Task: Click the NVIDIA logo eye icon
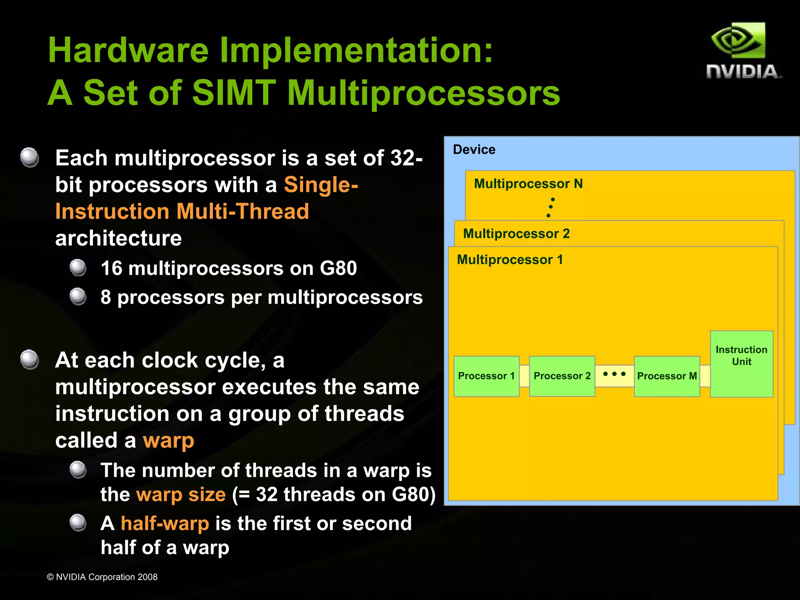click(x=738, y=41)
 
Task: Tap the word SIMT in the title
click(x=234, y=93)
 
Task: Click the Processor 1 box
click(x=486, y=376)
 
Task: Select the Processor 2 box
click(x=562, y=376)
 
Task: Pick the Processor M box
click(x=667, y=376)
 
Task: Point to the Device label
click(x=474, y=150)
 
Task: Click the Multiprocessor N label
click(x=528, y=183)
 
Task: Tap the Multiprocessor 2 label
click(x=516, y=233)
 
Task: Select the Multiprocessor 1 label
click(x=510, y=260)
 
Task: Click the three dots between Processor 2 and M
click(x=614, y=374)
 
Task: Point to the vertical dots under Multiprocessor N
click(x=550, y=207)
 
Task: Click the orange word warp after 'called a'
click(x=168, y=441)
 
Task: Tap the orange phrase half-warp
click(x=164, y=523)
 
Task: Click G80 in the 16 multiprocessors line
click(x=338, y=269)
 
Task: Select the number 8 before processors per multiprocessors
click(x=106, y=297)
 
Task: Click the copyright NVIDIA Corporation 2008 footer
click(x=102, y=577)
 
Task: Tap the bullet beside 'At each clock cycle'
click(x=30, y=360)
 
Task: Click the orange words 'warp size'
click(x=181, y=495)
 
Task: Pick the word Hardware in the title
click(x=128, y=50)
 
